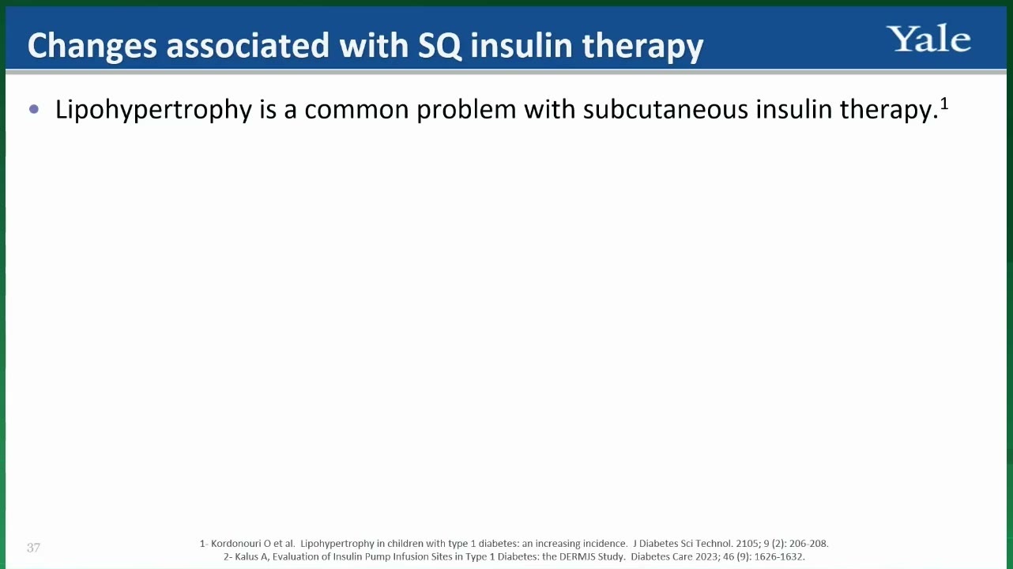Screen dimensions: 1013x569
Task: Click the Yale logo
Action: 928,39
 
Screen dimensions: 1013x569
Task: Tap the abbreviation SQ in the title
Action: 439,46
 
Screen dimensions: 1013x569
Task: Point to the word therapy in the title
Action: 642,47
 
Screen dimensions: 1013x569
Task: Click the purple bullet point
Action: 34,110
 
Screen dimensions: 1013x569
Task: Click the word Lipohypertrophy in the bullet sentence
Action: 153,110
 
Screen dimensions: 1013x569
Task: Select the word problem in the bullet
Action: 466,110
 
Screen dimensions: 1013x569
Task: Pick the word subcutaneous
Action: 665,110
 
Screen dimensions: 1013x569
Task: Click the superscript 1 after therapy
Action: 943,104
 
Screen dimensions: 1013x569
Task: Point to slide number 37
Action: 33,548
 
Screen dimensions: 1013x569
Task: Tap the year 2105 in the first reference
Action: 746,543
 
